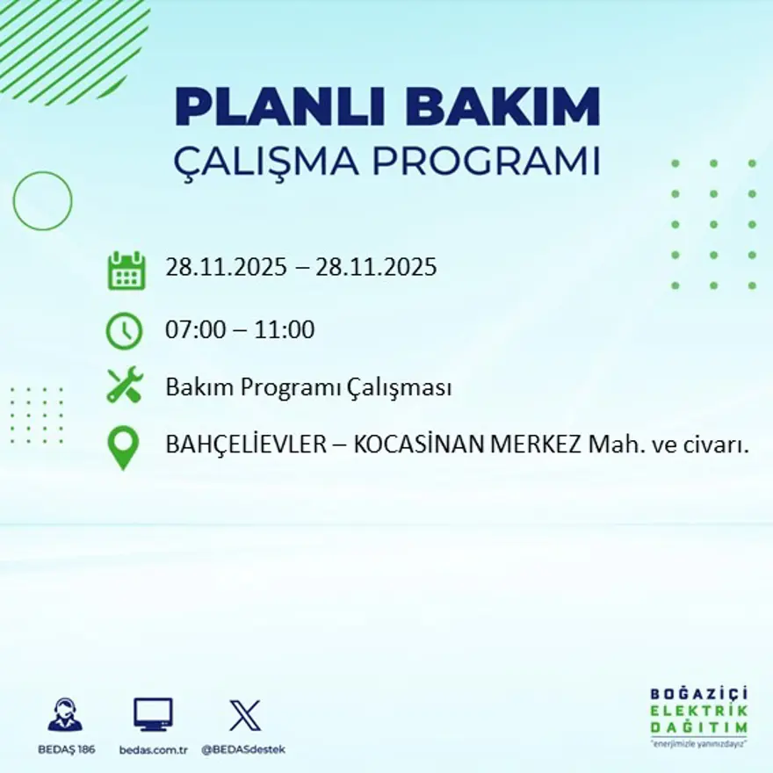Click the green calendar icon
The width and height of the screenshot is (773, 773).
126,271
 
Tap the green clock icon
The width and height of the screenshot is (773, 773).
124,330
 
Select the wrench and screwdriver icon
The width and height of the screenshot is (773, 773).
124,386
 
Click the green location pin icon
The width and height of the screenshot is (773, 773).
123,446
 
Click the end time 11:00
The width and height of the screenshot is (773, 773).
285,330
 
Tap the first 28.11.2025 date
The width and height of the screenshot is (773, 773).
226,267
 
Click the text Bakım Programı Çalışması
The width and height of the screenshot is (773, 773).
308,387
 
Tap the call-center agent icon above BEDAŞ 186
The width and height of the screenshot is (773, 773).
65,715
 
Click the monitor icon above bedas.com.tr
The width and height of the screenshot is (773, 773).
153,715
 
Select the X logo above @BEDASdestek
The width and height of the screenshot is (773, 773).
244,715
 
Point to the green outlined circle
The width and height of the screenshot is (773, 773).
42,201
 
